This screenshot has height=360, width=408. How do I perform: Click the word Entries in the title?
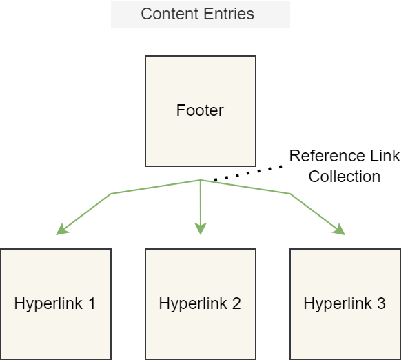[x=229, y=14]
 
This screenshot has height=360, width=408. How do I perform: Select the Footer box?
[x=201, y=111]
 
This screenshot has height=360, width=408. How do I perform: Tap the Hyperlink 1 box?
[x=56, y=304]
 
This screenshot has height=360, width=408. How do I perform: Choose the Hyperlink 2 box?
[x=201, y=304]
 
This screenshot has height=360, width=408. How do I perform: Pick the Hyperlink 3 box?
[x=345, y=304]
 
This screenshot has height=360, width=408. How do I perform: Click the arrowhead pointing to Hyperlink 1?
[x=61, y=230]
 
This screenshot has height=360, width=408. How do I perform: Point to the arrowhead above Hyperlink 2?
[x=201, y=228]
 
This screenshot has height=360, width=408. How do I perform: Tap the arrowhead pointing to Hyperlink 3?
[x=339, y=230]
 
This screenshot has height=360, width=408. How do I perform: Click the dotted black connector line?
[x=247, y=173]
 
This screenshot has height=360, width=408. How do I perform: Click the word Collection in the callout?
[x=345, y=177]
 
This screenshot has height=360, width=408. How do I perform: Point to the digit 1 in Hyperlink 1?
[x=92, y=303]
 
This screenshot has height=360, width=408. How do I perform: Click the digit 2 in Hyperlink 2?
[x=236, y=303]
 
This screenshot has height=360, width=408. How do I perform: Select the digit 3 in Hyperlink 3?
[x=381, y=303]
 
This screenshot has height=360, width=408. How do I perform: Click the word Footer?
[x=200, y=110]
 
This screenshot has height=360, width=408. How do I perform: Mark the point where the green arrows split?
[x=201, y=180]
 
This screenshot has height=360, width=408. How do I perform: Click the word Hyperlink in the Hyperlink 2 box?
[x=193, y=304]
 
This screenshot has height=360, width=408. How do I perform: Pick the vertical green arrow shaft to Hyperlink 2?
[x=201, y=202]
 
